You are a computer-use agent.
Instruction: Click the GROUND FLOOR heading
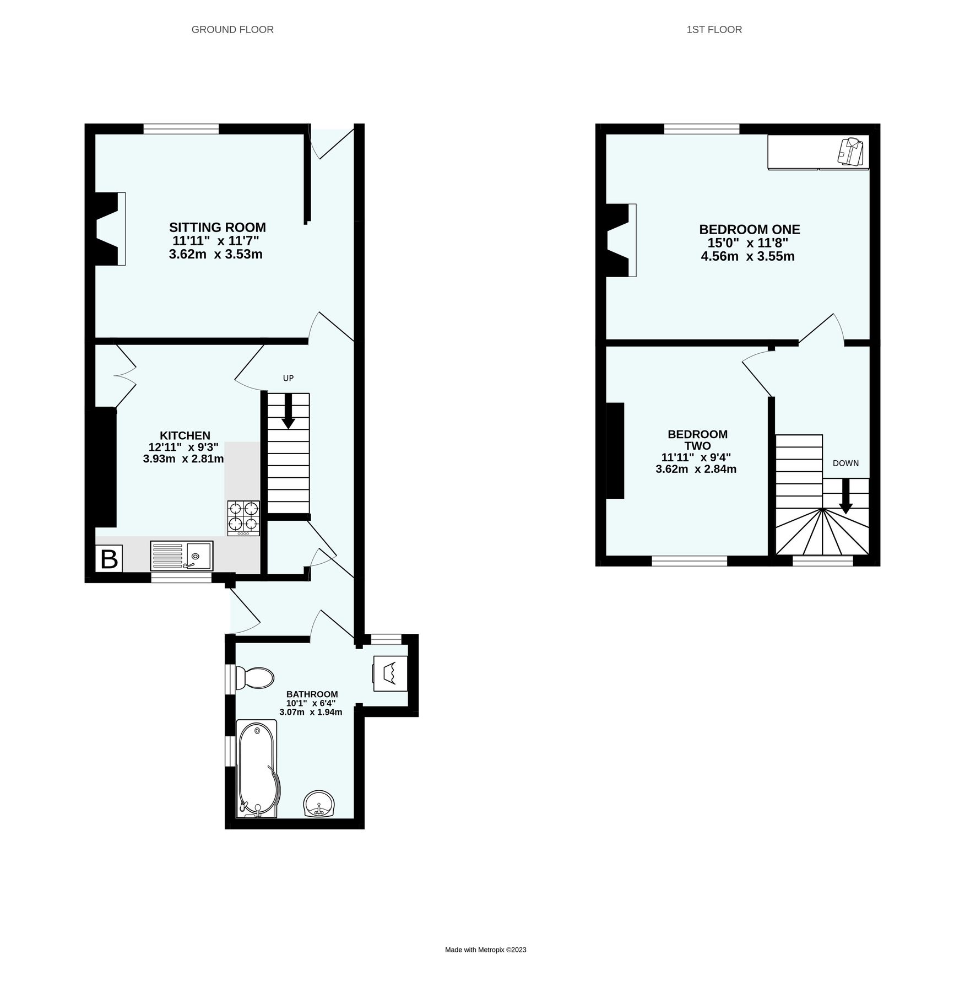[x=232, y=30]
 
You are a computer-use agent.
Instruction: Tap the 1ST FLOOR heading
[x=714, y=30]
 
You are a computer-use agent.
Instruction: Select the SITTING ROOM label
[x=217, y=227]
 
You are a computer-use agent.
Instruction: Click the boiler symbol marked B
[x=109, y=559]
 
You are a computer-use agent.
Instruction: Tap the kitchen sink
[x=181, y=556]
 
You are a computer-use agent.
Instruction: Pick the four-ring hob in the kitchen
[x=243, y=517]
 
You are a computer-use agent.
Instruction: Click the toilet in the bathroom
[x=254, y=678]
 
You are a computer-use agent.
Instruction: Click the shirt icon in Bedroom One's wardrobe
[x=850, y=152]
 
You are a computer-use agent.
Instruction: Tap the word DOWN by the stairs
[x=845, y=463]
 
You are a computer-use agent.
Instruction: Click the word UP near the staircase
[x=288, y=378]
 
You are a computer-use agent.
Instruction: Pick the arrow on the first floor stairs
[x=845, y=497]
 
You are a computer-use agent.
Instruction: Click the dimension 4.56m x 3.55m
[x=747, y=256]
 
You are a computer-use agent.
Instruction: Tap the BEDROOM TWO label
[x=697, y=440]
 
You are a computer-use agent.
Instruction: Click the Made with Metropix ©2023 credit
[x=485, y=950]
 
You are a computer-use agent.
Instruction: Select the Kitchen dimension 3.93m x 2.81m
[x=183, y=459]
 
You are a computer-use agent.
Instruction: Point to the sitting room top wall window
[x=181, y=129]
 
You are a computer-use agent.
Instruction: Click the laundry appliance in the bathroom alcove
[x=390, y=673]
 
